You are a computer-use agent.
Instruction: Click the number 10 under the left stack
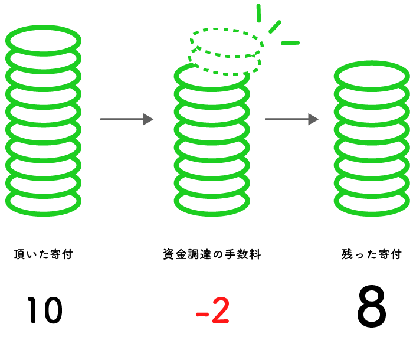point(44,310)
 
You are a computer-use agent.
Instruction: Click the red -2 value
point(212,310)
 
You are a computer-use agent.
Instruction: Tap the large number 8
point(372,308)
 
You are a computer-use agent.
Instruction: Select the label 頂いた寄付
point(44,255)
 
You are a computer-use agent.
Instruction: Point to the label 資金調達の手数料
point(212,255)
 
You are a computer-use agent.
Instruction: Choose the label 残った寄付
point(372,255)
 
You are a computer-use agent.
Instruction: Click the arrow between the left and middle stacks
point(126,119)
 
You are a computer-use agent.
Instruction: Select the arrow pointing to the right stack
point(291,119)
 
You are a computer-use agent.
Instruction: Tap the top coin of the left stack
point(44,40)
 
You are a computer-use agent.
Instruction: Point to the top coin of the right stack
point(372,76)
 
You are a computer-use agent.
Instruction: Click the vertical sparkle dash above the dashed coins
point(258,12)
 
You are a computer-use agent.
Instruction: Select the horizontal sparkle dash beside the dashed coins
point(290,43)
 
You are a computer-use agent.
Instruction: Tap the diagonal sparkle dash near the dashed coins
point(275,27)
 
